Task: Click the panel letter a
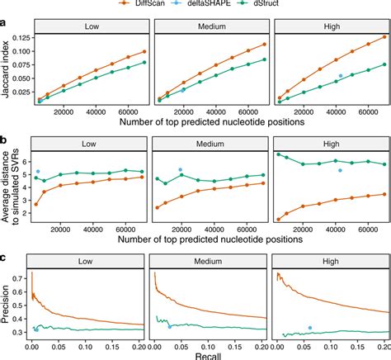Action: (x=5, y=25)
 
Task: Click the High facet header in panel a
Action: (x=329, y=25)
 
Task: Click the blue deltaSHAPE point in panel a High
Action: (x=340, y=75)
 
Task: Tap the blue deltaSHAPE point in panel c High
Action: (x=309, y=328)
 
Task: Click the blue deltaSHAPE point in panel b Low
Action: (x=38, y=172)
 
